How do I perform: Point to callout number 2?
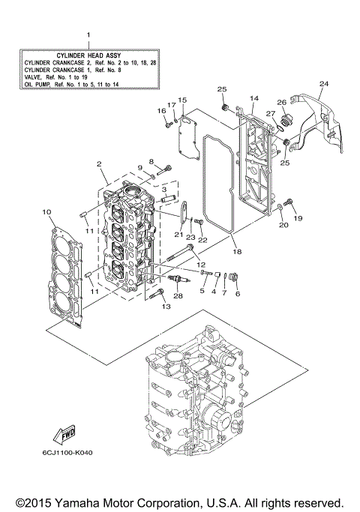click(99, 164)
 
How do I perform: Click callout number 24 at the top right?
click(323, 83)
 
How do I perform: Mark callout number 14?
click(253, 98)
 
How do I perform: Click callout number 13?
click(155, 306)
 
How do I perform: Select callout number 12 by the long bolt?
click(200, 265)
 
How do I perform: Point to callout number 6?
click(238, 294)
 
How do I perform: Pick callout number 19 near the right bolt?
click(298, 218)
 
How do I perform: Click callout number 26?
click(282, 103)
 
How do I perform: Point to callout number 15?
click(181, 100)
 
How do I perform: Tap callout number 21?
click(178, 235)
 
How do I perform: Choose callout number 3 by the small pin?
click(163, 190)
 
